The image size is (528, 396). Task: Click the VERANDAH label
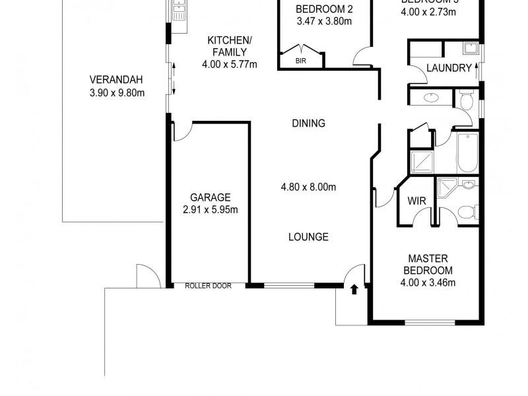(116, 81)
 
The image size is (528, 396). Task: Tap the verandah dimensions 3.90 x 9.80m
(116, 92)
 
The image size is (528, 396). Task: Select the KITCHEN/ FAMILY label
(229, 46)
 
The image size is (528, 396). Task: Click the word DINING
(308, 123)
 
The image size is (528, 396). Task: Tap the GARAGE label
(210, 197)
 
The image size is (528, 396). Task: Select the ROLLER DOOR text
(208, 286)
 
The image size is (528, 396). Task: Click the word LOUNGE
(308, 237)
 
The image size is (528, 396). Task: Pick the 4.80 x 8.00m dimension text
(308, 187)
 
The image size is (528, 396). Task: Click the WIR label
(416, 201)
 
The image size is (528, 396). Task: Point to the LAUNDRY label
(449, 68)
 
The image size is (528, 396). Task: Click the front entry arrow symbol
(354, 288)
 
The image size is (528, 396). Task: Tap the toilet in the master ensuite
(467, 211)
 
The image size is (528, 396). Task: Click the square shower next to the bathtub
(420, 161)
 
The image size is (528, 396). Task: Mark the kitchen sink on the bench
(178, 10)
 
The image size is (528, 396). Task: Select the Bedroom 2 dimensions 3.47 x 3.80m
(323, 21)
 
